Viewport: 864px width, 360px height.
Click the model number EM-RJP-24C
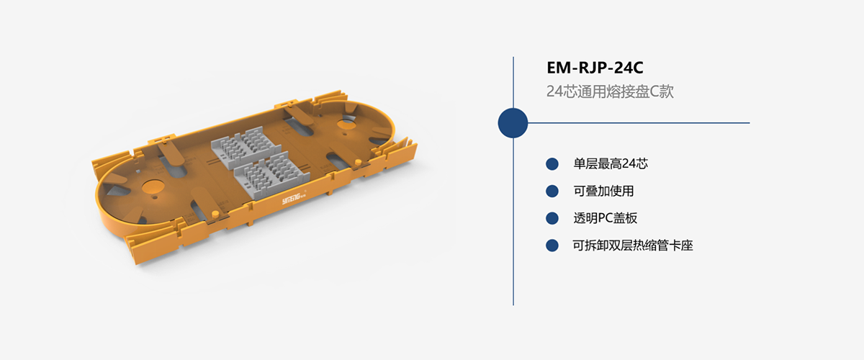pyautogui.click(x=595, y=68)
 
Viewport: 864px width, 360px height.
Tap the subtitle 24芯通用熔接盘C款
pyautogui.click(x=610, y=91)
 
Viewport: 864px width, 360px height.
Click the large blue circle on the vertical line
pyautogui.click(x=513, y=123)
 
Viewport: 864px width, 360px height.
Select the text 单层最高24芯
pyautogui.click(x=611, y=163)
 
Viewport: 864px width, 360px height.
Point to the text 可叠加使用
pyautogui.click(x=603, y=191)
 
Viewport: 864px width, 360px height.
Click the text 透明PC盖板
pyautogui.click(x=606, y=218)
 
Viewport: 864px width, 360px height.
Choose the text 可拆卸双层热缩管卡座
pyautogui.click(x=633, y=246)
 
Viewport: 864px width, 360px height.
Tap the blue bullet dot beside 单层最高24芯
pyautogui.click(x=552, y=163)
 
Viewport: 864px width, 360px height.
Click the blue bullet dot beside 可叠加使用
pyautogui.click(x=552, y=191)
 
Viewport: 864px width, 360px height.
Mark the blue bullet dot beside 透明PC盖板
pyautogui.click(x=552, y=218)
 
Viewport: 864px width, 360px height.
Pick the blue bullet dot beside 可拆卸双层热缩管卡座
pyautogui.click(x=552, y=246)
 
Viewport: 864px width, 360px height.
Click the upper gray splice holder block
pyautogui.click(x=246, y=147)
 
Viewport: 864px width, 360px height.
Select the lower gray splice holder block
pyautogui.click(x=272, y=174)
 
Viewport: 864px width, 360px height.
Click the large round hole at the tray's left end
pyautogui.click(x=153, y=189)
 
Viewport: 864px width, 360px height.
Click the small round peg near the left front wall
pyautogui.click(x=215, y=214)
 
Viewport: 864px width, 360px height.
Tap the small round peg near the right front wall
pyautogui.click(x=358, y=163)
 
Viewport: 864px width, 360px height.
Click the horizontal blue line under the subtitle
pyautogui.click(x=639, y=123)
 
